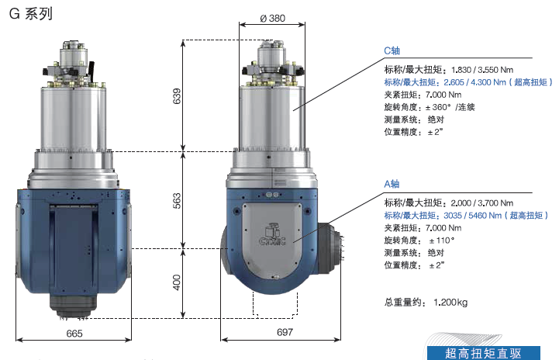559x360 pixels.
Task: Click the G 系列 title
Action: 31,14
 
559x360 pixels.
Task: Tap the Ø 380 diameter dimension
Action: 273,18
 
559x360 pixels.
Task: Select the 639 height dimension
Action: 177,96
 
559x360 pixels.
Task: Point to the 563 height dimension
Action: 177,200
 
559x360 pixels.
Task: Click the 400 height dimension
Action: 177,282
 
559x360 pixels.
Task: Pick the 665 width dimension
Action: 74,334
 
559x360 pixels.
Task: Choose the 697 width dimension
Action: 285,332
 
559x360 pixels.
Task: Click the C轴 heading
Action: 392,50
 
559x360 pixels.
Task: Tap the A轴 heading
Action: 392,184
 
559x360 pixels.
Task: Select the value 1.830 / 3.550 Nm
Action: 482,70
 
